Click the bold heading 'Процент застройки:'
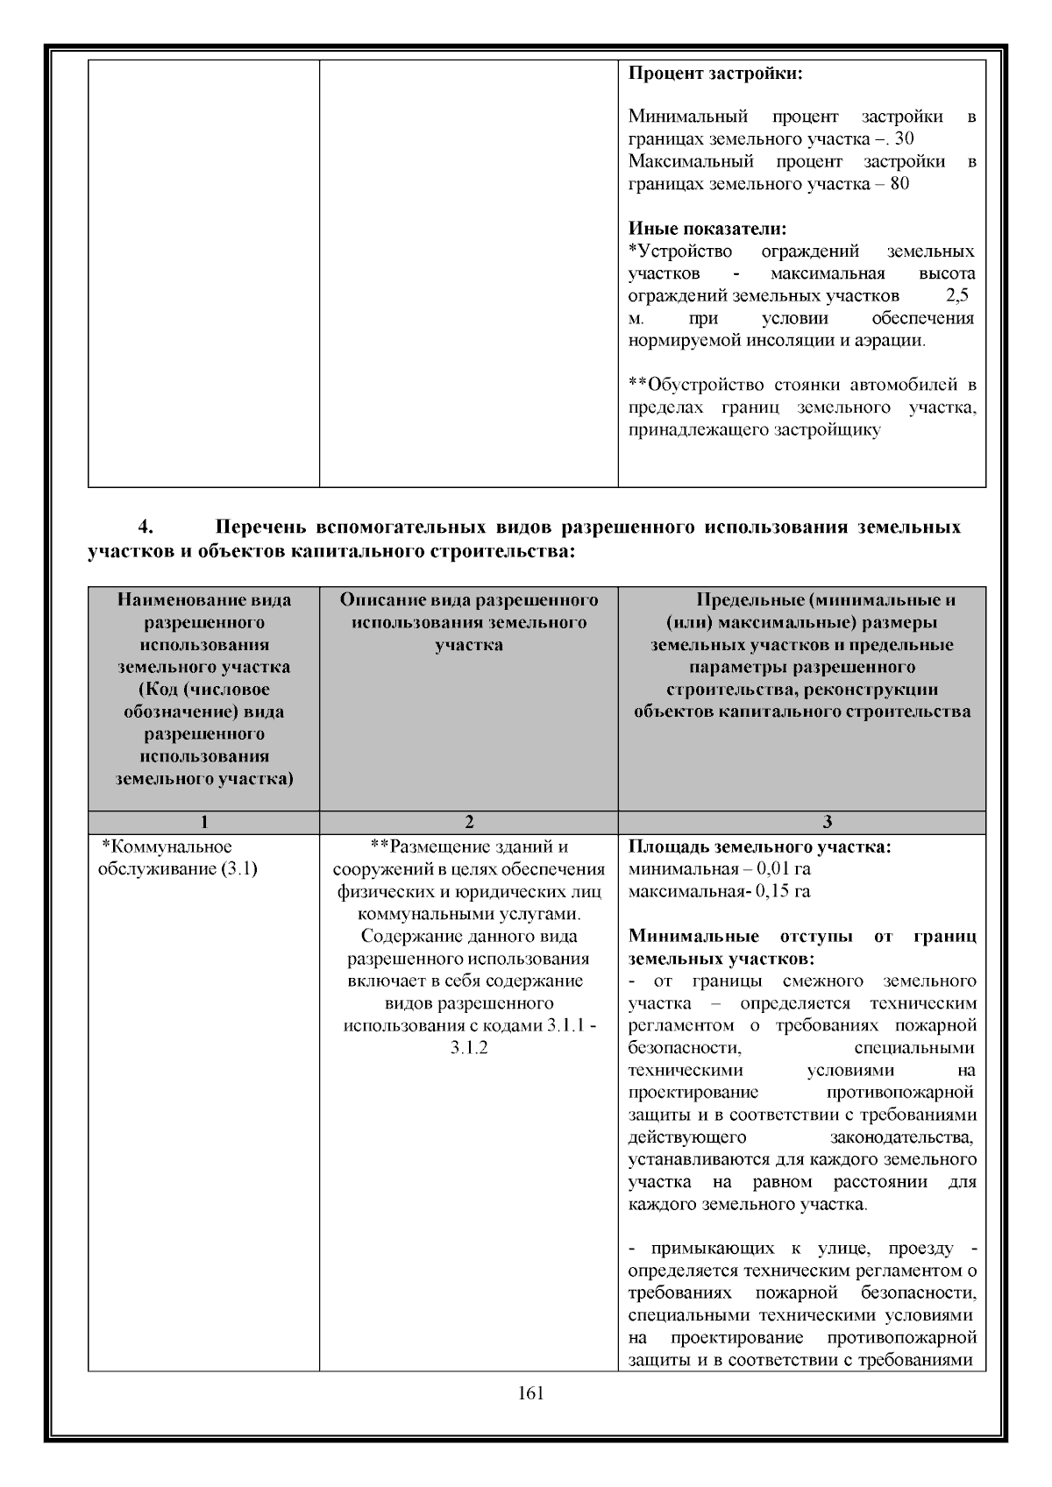(x=715, y=73)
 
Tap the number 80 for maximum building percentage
(x=899, y=184)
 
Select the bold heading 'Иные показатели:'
(x=707, y=230)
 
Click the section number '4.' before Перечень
(x=146, y=528)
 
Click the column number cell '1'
(x=203, y=822)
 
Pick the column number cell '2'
(x=469, y=822)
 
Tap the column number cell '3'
(x=828, y=822)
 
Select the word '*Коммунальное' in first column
(x=167, y=846)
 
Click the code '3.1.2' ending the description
(x=469, y=1048)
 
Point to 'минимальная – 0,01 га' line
(x=719, y=869)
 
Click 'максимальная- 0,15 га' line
(x=719, y=892)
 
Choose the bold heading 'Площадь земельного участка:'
(x=759, y=847)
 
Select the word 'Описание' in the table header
(x=382, y=600)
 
